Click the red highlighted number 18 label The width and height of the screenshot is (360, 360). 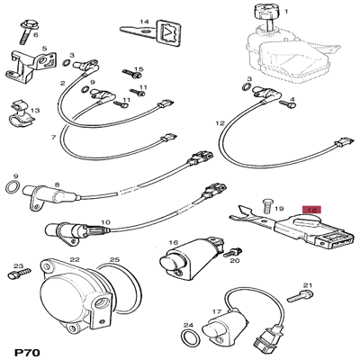pos(312,211)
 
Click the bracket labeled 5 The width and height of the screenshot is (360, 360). pos(31,66)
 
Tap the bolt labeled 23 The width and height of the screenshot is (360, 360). pos(19,274)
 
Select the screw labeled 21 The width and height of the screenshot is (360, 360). pos(301,296)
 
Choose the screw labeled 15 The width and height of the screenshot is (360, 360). pos(132,73)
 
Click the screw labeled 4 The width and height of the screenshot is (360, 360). pos(288,103)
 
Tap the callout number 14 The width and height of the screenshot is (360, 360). pos(144,22)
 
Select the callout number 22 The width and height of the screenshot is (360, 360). pos(74,259)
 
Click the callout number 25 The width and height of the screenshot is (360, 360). pos(114,259)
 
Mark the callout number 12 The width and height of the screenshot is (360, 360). pos(220,123)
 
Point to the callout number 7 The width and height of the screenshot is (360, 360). pos(53,138)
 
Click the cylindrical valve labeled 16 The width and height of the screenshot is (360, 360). pos(191,257)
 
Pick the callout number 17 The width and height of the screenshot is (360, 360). pos(217,311)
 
